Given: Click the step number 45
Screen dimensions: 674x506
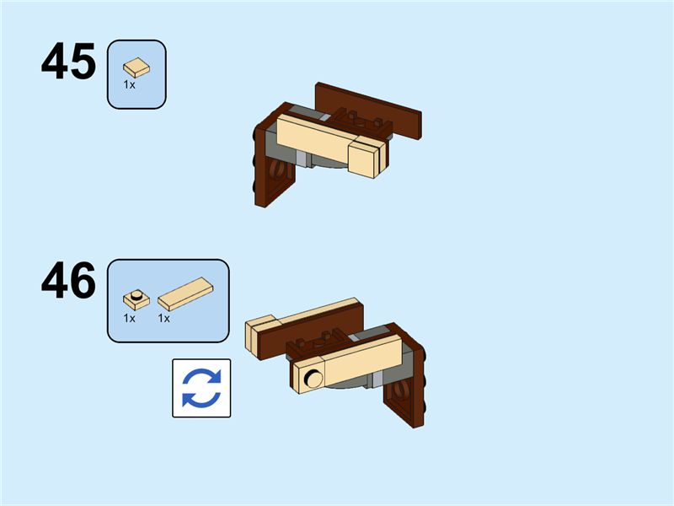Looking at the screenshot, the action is click(x=69, y=61).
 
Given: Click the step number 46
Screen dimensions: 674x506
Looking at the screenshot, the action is click(x=69, y=281).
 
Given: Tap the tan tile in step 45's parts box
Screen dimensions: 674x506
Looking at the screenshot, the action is click(x=136, y=67).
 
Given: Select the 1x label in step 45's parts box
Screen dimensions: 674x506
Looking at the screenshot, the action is click(x=130, y=85).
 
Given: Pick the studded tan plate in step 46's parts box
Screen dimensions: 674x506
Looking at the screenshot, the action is click(x=136, y=299).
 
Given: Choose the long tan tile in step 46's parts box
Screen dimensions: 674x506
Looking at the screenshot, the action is click(x=185, y=293).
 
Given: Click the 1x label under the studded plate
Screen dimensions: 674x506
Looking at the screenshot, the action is click(x=130, y=319).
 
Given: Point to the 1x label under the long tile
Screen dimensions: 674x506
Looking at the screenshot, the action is click(x=163, y=319).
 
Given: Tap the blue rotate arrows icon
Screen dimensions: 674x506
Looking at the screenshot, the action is click(x=201, y=388).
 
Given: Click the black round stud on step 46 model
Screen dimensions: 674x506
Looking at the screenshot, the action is click(x=313, y=378).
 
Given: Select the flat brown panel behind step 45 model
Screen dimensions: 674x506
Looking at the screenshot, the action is click(x=368, y=110).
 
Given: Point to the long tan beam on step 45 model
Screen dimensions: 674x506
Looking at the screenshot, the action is click(x=318, y=137).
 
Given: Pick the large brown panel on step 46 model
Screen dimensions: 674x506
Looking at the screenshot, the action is click(x=312, y=331).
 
